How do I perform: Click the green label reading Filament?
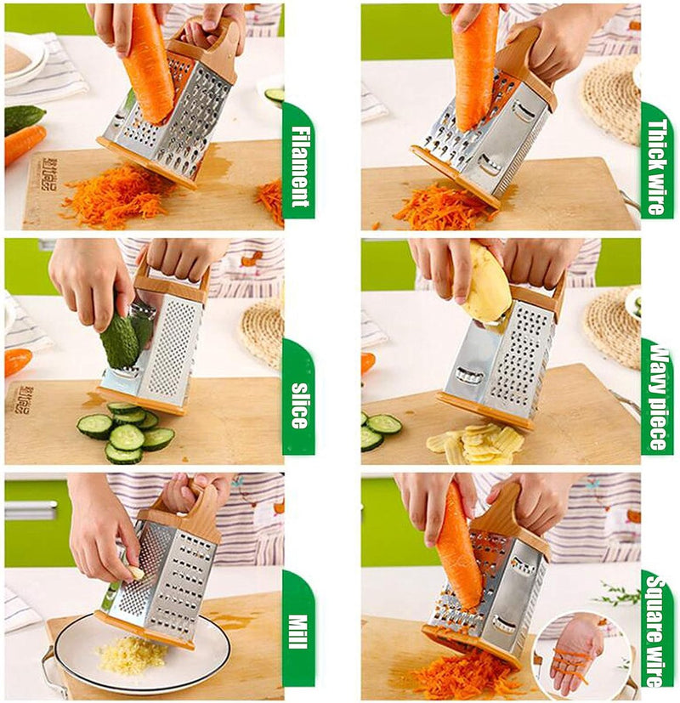click(x=298, y=166)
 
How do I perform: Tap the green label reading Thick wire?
click(x=656, y=167)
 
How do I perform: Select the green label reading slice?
click(x=298, y=405)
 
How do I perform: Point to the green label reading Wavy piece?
click(x=657, y=396)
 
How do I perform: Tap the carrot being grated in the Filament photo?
click(x=149, y=64)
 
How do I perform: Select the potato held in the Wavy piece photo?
click(x=488, y=285)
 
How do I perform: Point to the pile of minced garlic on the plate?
click(x=132, y=655)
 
